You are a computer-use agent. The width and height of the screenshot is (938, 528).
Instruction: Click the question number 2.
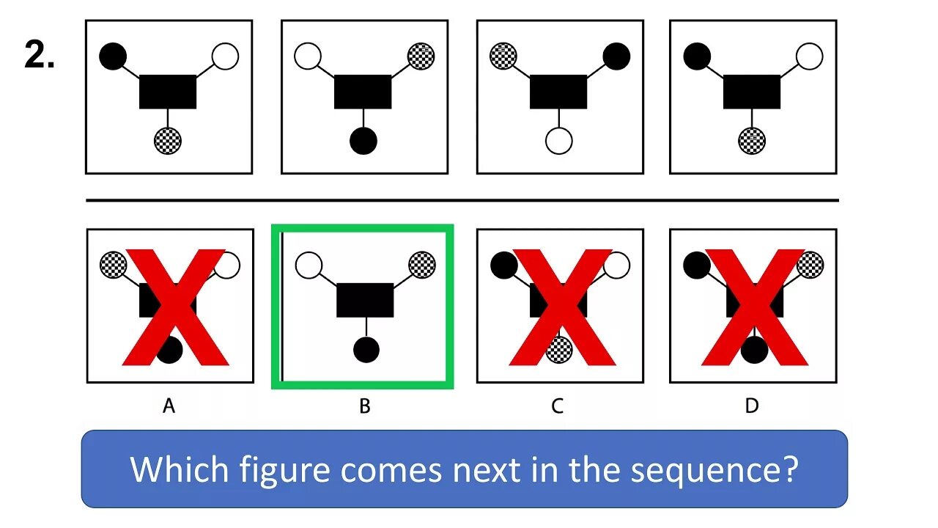coord(39,56)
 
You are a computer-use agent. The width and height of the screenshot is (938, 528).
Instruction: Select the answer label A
coord(169,406)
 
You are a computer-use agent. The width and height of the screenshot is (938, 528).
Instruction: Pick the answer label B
coord(364,406)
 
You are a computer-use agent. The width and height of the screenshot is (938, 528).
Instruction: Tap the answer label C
coord(558,406)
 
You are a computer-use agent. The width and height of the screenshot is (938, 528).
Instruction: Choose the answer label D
coord(752,406)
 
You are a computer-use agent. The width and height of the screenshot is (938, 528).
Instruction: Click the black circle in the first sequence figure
coord(113,56)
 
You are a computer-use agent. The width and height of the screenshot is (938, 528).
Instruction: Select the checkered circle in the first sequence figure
coord(168,140)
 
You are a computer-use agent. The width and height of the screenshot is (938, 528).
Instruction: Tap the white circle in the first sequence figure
coord(225,56)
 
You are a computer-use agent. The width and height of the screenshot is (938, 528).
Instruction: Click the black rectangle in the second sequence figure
coord(363,92)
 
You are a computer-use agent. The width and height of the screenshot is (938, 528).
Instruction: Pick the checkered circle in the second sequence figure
coord(421,56)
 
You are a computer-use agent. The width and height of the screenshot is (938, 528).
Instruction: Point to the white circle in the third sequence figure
coord(559,140)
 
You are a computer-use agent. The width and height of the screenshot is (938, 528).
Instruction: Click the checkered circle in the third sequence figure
coord(503,56)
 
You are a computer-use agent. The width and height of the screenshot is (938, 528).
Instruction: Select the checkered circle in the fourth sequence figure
coord(752,139)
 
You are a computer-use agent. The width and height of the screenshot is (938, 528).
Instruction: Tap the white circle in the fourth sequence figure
coord(809,56)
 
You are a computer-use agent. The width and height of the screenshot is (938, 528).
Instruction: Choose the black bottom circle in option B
coord(366,349)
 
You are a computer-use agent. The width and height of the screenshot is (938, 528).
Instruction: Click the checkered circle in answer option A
coord(113,264)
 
